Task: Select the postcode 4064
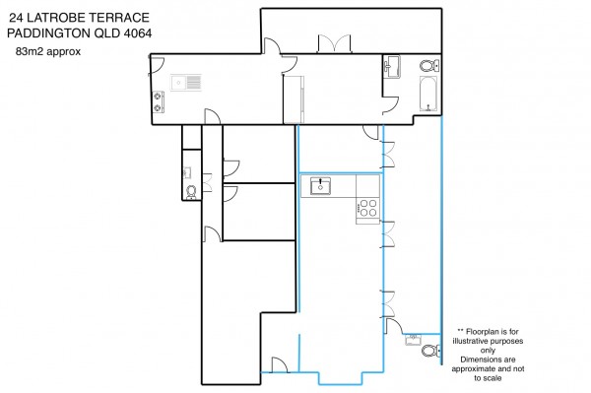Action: pyautogui.click(x=138, y=33)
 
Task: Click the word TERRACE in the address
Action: pyautogui.click(x=114, y=18)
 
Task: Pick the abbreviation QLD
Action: pyautogui.click(x=107, y=33)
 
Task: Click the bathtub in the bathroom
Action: pyautogui.click(x=428, y=94)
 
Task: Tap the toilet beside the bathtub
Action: pyautogui.click(x=429, y=66)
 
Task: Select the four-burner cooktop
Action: pyautogui.click(x=367, y=209)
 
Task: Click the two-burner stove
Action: pyautogui.click(x=158, y=102)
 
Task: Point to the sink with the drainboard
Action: pyautogui.click(x=186, y=83)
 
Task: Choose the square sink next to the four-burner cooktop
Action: pyautogui.click(x=320, y=186)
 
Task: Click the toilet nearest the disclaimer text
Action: pyautogui.click(x=430, y=351)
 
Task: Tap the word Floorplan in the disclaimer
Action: pyautogui.click(x=483, y=332)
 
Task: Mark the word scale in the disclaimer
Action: pyautogui.click(x=492, y=378)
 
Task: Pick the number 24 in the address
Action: pyautogui.click(x=16, y=18)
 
